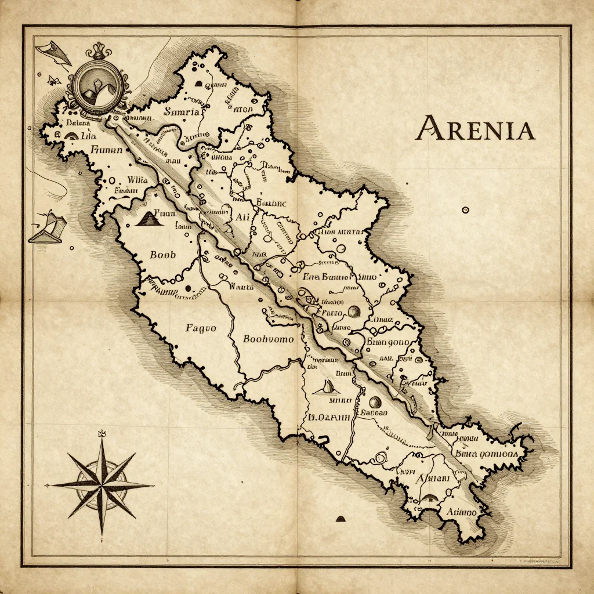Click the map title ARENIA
pos(475,128)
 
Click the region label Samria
pos(182,111)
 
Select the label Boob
pos(162,255)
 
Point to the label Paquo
pos(201,328)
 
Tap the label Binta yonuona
pos(486,454)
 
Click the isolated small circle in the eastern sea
pos(465,210)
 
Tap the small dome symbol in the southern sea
pos(341,519)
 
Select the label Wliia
pos(137,180)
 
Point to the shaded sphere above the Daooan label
pos(374,401)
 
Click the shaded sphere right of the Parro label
pos(353,312)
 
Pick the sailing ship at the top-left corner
pos(53,52)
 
